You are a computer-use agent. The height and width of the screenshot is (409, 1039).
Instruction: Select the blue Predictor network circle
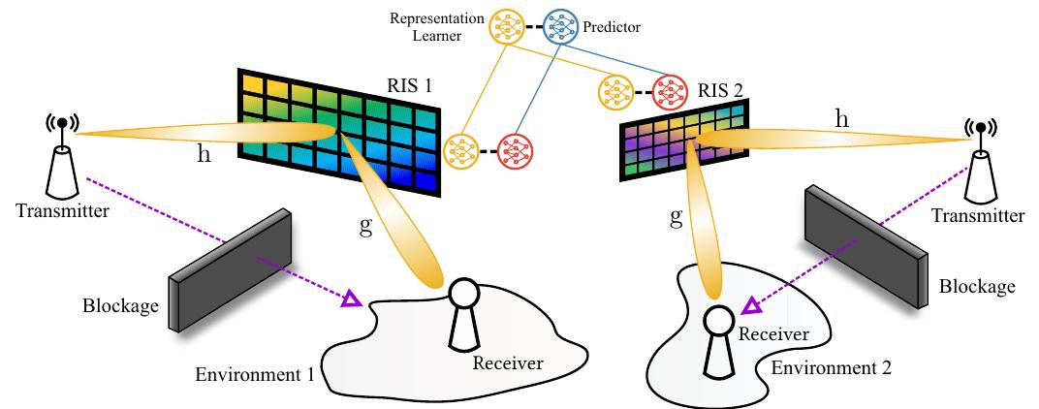pos(560,27)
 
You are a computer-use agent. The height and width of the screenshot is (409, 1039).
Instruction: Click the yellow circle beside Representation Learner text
pos(505,27)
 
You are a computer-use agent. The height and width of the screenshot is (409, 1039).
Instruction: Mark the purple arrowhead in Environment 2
pos(748,307)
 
